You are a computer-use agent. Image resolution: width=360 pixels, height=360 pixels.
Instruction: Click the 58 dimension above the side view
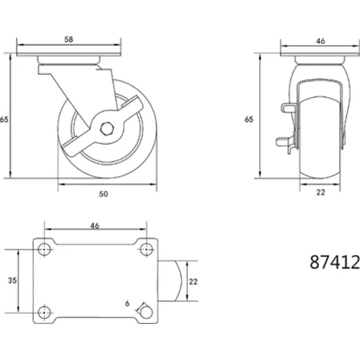click(68, 40)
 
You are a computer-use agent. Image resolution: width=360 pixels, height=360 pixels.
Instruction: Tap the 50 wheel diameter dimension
click(104, 194)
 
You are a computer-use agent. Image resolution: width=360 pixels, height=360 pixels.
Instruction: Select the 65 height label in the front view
click(249, 120)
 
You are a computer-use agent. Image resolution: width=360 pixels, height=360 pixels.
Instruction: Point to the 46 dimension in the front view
click(320, 41)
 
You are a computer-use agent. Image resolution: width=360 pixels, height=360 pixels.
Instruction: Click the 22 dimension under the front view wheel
click(320, 192)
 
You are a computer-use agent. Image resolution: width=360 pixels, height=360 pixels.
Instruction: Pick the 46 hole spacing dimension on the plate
click(94, 225)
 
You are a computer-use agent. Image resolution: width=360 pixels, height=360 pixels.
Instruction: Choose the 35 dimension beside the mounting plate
click(12, 280)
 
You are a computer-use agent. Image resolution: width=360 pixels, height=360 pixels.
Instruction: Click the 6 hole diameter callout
click(127, 303)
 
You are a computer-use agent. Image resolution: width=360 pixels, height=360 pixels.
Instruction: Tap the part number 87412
click(335, 262)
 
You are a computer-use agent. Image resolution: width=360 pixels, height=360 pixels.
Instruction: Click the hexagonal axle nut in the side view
click(106, 129)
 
